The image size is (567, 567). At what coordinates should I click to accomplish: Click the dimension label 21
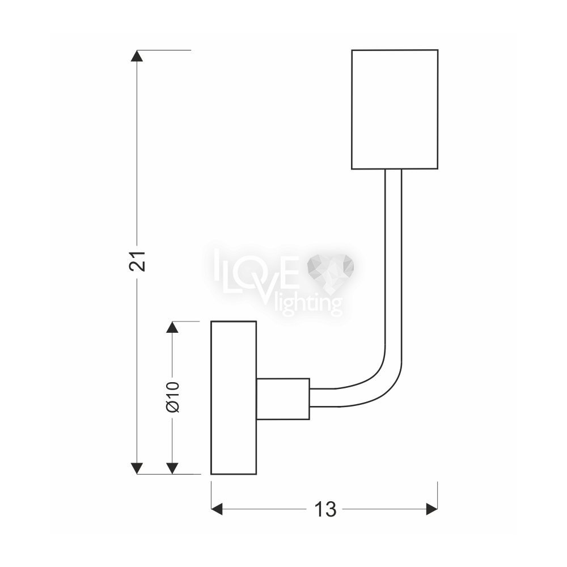point(137,260)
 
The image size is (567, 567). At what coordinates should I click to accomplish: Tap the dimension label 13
point(325,509)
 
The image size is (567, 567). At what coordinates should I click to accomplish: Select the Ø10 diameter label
point(173,397)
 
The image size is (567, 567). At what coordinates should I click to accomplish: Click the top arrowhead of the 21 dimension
point(136,56)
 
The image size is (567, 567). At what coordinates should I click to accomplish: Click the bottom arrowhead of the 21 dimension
point(136,468)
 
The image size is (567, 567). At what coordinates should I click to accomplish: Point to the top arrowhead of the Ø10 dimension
point(173,327)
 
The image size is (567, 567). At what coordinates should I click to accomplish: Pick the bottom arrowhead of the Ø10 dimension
point(173,468)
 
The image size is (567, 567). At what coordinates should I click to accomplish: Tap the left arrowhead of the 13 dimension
point(217,509)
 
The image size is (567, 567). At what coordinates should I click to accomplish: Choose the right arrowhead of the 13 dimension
point(432,509)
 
